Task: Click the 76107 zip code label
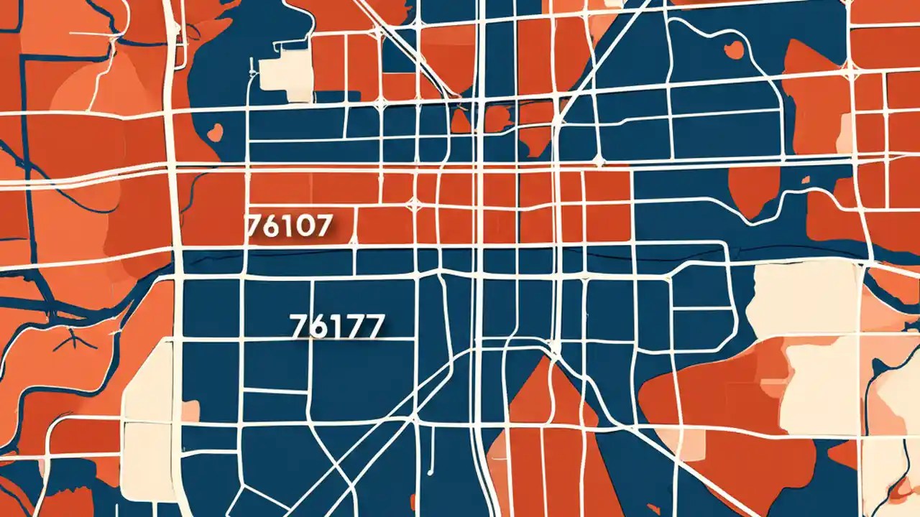coord(289,226)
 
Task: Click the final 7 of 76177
coord(372,326)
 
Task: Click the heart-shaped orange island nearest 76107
coord(213,132)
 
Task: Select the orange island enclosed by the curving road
coord(734,49)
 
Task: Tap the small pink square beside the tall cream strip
coord(190,411)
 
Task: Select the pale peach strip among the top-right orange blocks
coord(844,133)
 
